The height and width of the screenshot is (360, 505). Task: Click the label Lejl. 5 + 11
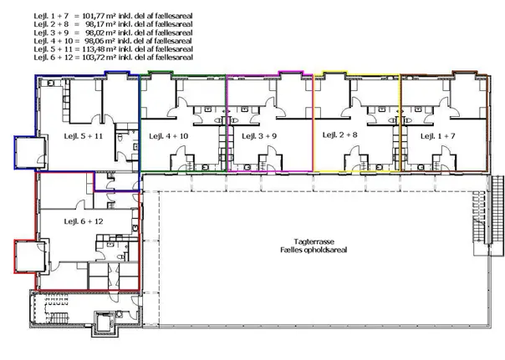tap(84, 136)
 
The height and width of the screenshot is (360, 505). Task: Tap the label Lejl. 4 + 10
tap(168, 136)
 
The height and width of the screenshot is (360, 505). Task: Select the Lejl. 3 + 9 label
tap(259, 136)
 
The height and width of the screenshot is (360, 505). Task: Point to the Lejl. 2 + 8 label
tap(339, 134)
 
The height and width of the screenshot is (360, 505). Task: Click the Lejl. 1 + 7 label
tap(437, 136)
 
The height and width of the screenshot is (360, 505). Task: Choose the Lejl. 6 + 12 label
tap(84, 221)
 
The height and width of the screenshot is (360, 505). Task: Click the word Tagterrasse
tap(314, 241)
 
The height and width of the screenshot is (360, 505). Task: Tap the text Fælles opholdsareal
tap(314, 250)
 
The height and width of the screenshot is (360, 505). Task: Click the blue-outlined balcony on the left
tap(29, 152)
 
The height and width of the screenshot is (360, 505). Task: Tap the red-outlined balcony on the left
tap(29, 256)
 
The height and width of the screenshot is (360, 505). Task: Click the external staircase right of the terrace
tap(488, 215)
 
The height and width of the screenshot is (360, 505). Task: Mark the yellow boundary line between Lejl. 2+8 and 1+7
tap(400, 122)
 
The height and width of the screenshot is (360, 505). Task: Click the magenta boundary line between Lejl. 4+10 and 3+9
tap(227, 123)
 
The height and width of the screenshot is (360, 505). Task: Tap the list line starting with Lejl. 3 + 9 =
tap(113, 33)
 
